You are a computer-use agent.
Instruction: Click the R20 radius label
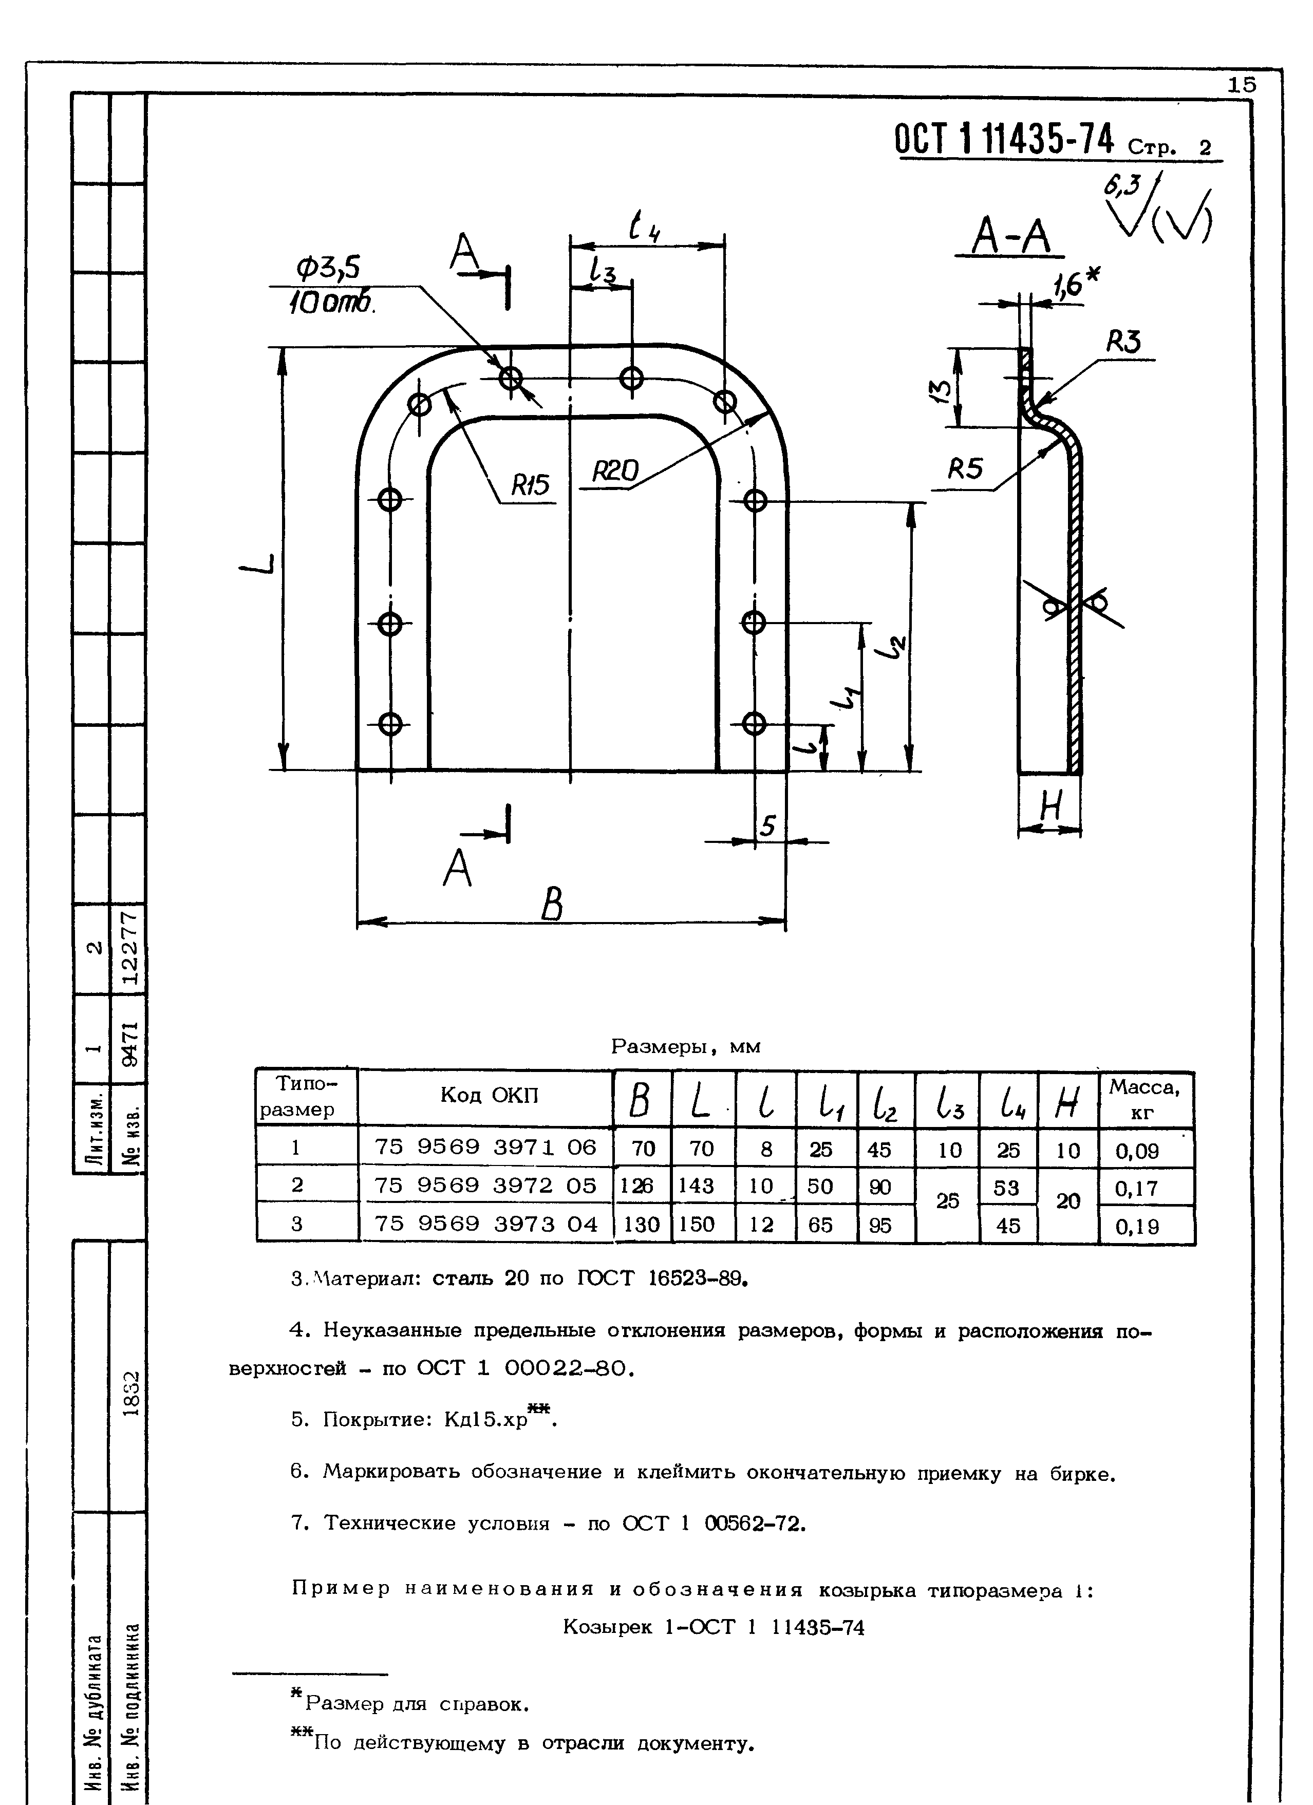click(x=615, y=473)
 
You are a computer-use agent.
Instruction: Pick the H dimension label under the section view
click(x=1051, y=810)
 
